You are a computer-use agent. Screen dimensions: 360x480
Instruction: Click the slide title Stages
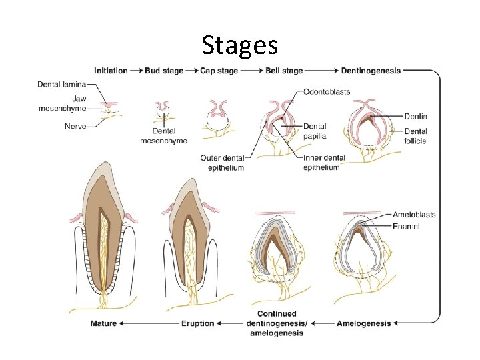pyautogui.click(x=240, y=45)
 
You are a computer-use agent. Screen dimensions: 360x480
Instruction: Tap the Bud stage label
pyautogui.click(x=164, y=71)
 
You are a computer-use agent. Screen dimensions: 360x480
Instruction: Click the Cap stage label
pyautogui.click(x=219, y=71)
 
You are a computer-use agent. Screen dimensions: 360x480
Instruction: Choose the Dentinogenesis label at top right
pyautogui.click(x=371, y=71)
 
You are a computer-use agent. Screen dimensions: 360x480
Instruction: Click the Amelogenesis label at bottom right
pyautogui.click(x=364, y=323)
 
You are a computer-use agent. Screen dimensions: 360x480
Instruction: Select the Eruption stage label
pyautogui.click(x=198, y=323)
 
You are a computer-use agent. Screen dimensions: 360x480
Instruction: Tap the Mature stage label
pyautogui.click(x=103, y=323)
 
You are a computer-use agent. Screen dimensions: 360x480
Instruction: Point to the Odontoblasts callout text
pyautogui.click(x=327, y=91)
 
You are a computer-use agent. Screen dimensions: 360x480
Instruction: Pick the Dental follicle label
pyautogui.click(x=416, y=136)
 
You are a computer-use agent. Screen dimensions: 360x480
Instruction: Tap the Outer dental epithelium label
pyautogui.click(x=222, y=163)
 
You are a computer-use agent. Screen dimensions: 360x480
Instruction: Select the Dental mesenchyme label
pyautogui.click(x=163, y=136)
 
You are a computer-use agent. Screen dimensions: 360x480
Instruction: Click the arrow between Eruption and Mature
pyautogui.click(x=150, y=323)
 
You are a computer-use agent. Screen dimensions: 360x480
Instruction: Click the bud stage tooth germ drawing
pyautogui.click(x=163, y=108)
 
